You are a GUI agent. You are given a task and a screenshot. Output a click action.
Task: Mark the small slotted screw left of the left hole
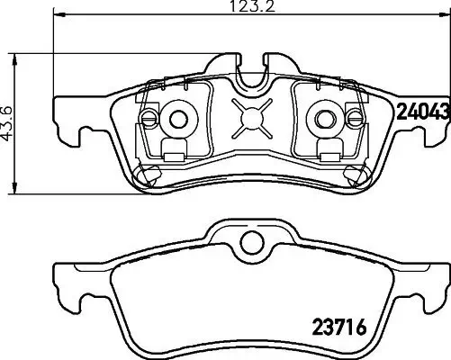[x=149, y=118]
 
